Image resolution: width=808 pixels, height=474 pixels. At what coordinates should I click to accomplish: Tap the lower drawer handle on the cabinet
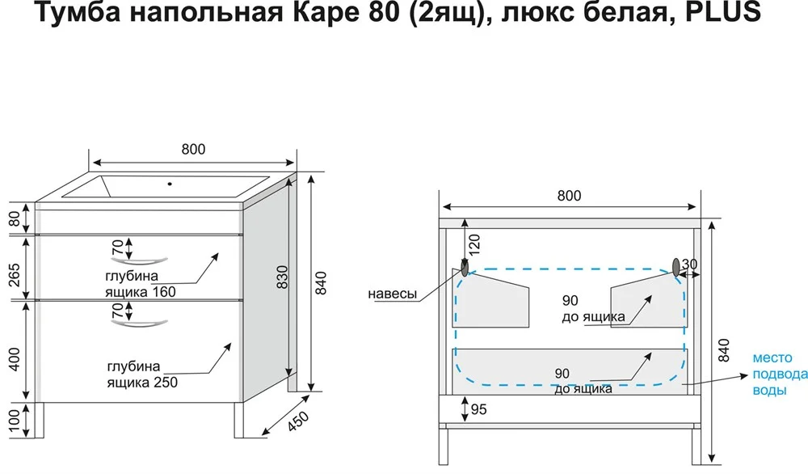pos(142,324)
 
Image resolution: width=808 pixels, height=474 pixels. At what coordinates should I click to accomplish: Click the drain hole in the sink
pos(170,183)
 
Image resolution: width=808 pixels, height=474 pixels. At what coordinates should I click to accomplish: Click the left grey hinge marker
pos(465,266)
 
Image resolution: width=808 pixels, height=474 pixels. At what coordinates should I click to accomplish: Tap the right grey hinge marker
pos(676,266)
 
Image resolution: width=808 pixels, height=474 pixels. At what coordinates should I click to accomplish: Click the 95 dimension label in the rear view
pos(478,410)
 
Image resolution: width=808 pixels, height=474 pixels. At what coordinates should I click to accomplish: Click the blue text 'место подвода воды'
pos(779,373)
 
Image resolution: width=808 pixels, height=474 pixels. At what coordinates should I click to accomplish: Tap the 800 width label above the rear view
pos(569,196)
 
